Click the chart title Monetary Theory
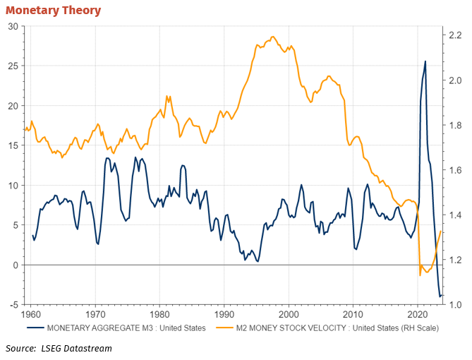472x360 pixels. click(x=54, y=11)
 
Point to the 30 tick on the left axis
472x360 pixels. click(x=13, y=27)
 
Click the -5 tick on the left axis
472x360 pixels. click(x=14, y=305)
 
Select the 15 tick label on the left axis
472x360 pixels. click(x=13, y=145)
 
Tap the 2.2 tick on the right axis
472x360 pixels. click(x=455, y=35)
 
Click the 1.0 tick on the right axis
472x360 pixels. click(x=455, y=305)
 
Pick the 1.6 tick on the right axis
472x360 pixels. click(x=455, y=170)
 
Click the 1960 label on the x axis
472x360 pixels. click(x=31, y=315)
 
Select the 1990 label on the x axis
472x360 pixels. click(x=224, y=315)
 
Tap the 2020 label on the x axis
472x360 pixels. click(x=418, y=315)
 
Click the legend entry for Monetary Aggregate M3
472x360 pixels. click(x=116, y=328)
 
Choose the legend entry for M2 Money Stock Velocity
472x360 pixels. click(x=327, y=328)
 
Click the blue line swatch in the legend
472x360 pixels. click(x=35, y=328)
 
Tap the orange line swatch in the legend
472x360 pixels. click(x=224, y=328)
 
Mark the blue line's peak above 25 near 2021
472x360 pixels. click(x=425, y=61)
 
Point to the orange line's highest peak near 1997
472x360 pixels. click(x=273, y=37)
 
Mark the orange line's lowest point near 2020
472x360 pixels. click(x=420, y=275)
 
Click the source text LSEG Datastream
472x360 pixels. click(x=76, y=349)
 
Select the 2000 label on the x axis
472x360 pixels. click(x=289, y=315)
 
